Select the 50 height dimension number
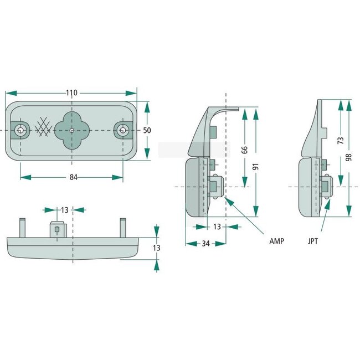(147, 130)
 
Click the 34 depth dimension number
(205, 244)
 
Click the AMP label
(277, 242)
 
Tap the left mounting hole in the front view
(20, 130)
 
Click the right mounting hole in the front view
(122, 130)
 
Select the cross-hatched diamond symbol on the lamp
(43, 128)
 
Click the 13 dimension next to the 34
(217, 227)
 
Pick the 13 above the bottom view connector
(64, 210)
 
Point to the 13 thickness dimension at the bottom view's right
(157, 248)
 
